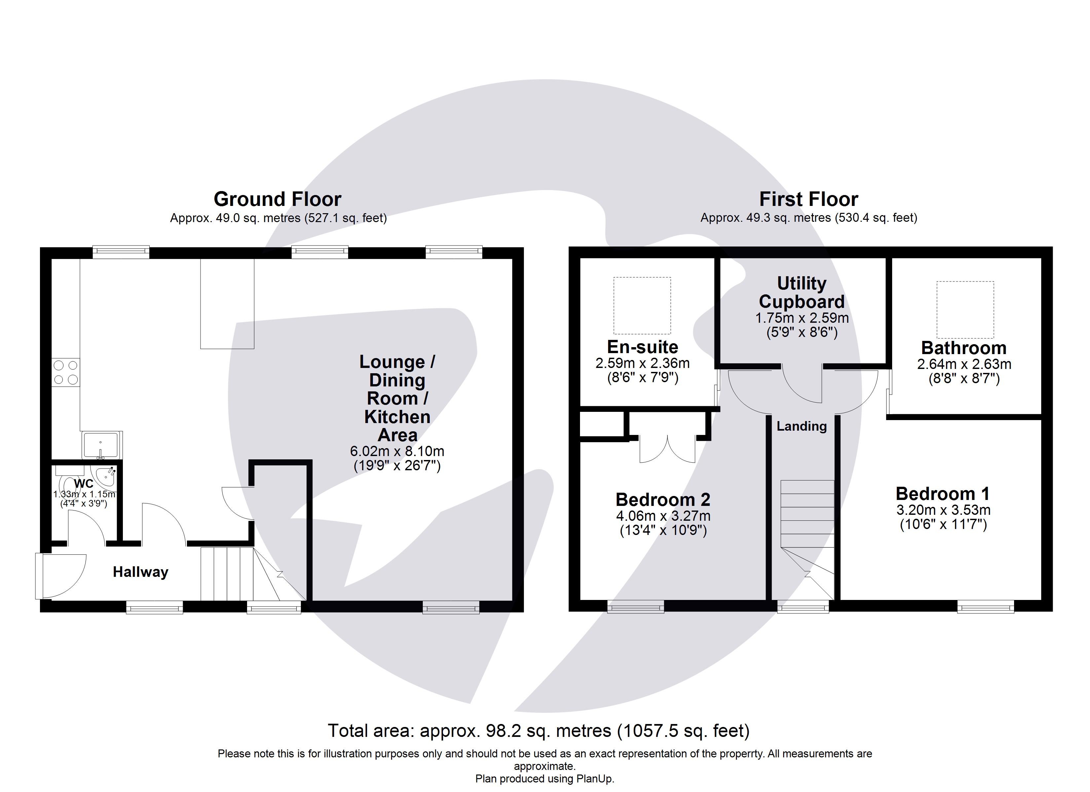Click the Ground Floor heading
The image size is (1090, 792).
pyautogui.click(x=277, y=199)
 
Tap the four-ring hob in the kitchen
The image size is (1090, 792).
pyautogui.click(x=66, y=372)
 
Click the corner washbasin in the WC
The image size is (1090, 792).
pyautogui.click(x=106, y=476)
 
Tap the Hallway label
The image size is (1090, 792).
pyautogui.click(x=140, y=572)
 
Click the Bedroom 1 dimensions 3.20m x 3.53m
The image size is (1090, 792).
pyautogui.click(x=943, y=510)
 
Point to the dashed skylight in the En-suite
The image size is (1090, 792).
pyautogui.click(x=642, y=306)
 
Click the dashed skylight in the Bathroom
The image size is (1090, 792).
pyautogui.click(x=965, y=310)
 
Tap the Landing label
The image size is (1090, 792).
pyautogui.click(x=802, y=426)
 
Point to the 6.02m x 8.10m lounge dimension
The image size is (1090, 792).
pyautogui.click(x=397, y=451)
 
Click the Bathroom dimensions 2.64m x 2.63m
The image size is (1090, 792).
pyautogui.click(x=964, y=364)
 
